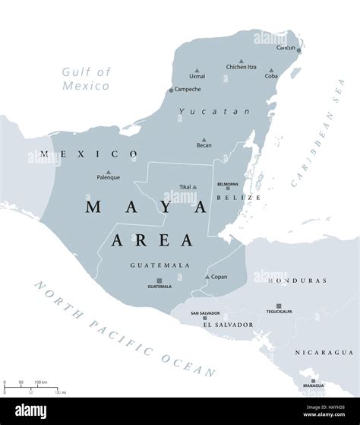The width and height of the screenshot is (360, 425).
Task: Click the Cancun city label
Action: [x=286, y=47]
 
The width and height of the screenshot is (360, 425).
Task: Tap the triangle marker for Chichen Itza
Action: [x=242, y=61]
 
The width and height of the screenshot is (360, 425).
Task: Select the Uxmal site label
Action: [x=197, y=76]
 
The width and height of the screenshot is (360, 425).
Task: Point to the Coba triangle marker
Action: [x=271, y=70]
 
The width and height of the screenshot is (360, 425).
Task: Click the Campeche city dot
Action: [x=171, y=90]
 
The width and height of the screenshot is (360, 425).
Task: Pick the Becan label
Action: [x=204, y=144]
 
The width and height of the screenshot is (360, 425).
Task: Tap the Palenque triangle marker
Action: [x=108, y=172]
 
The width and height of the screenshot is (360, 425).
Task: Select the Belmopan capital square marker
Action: [x=227, y=189]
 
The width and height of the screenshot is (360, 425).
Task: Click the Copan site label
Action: [x=218, y=277]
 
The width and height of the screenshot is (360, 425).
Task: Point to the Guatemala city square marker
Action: [x=159, y=281]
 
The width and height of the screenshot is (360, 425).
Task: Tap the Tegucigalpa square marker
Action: [x=279, y=306]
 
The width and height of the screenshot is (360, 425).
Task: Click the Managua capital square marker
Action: [x=313, y=381]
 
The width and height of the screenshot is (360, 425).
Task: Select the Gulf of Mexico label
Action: [x=86, y=78]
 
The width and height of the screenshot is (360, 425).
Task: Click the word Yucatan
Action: [x=204, y=112]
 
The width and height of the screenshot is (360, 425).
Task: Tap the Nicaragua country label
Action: [x=324, y=353]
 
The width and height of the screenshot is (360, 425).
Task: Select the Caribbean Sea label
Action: [x=318, y=148]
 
